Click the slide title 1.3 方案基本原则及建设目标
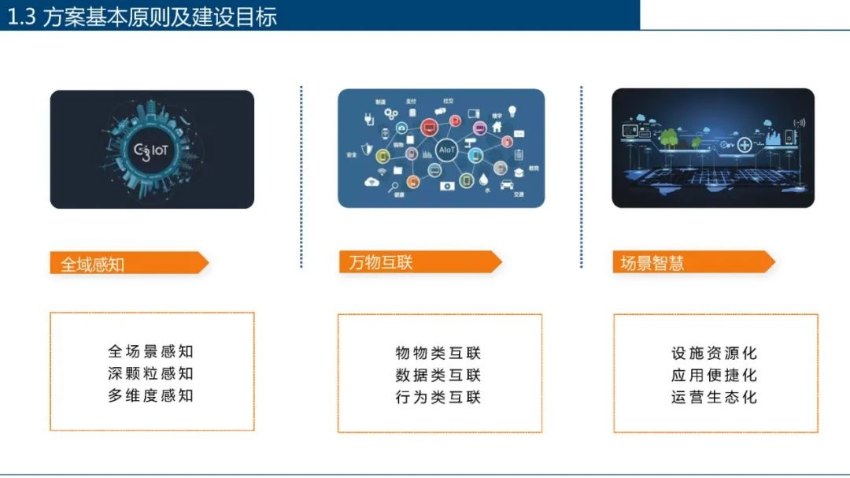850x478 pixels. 142,17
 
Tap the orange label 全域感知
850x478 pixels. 93,264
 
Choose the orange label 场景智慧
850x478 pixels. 652,263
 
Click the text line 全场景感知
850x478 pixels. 151,351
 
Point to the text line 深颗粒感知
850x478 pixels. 151,373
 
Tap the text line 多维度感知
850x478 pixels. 151,395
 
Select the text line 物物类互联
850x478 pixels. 438,353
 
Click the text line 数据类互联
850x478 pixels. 438,375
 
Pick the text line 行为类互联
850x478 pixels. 438,397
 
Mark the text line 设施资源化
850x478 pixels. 715,353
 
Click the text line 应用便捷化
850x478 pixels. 715,375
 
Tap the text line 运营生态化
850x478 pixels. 715,397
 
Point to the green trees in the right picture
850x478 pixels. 671,137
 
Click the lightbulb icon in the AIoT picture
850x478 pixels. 512,111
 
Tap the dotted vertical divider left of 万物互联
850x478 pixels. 301,177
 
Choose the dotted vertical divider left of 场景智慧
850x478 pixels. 581,177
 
